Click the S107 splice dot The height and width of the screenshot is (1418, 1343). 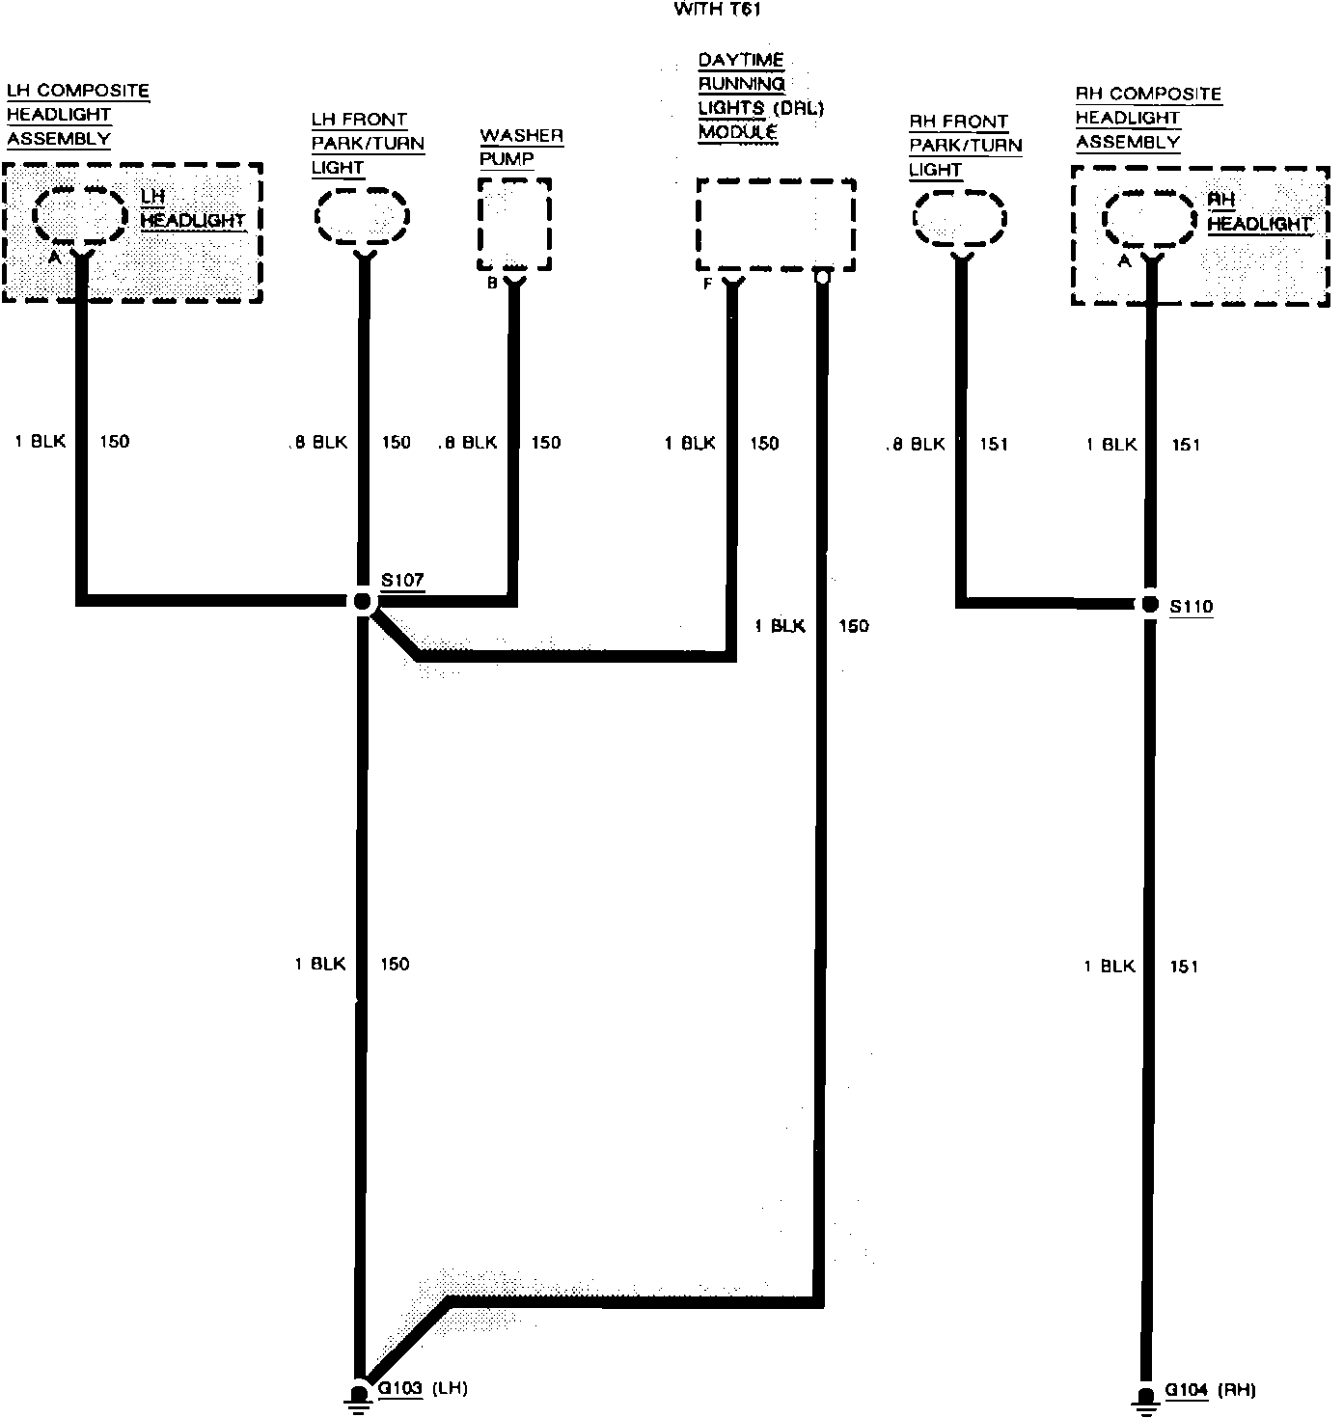(363, 602)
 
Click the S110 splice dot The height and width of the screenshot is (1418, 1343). (1150, 605)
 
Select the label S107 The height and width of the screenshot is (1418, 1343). (401, 580)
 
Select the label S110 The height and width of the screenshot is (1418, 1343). (1192, 607)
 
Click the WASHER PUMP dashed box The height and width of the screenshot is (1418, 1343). (513, 224)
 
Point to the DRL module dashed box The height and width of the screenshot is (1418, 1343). (776, 224)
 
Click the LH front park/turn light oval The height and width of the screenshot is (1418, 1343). (363, 216)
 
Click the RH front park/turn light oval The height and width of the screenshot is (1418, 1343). (960, 219)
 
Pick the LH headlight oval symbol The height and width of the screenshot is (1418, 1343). (80, 214)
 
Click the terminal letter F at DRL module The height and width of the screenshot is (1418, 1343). (708, 285)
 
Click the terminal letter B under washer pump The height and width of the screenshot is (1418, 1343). (491, 284)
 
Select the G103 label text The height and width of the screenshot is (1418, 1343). (400, 1389)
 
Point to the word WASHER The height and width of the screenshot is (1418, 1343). (521, 135)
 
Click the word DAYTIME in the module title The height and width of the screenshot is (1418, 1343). (741, 61)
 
